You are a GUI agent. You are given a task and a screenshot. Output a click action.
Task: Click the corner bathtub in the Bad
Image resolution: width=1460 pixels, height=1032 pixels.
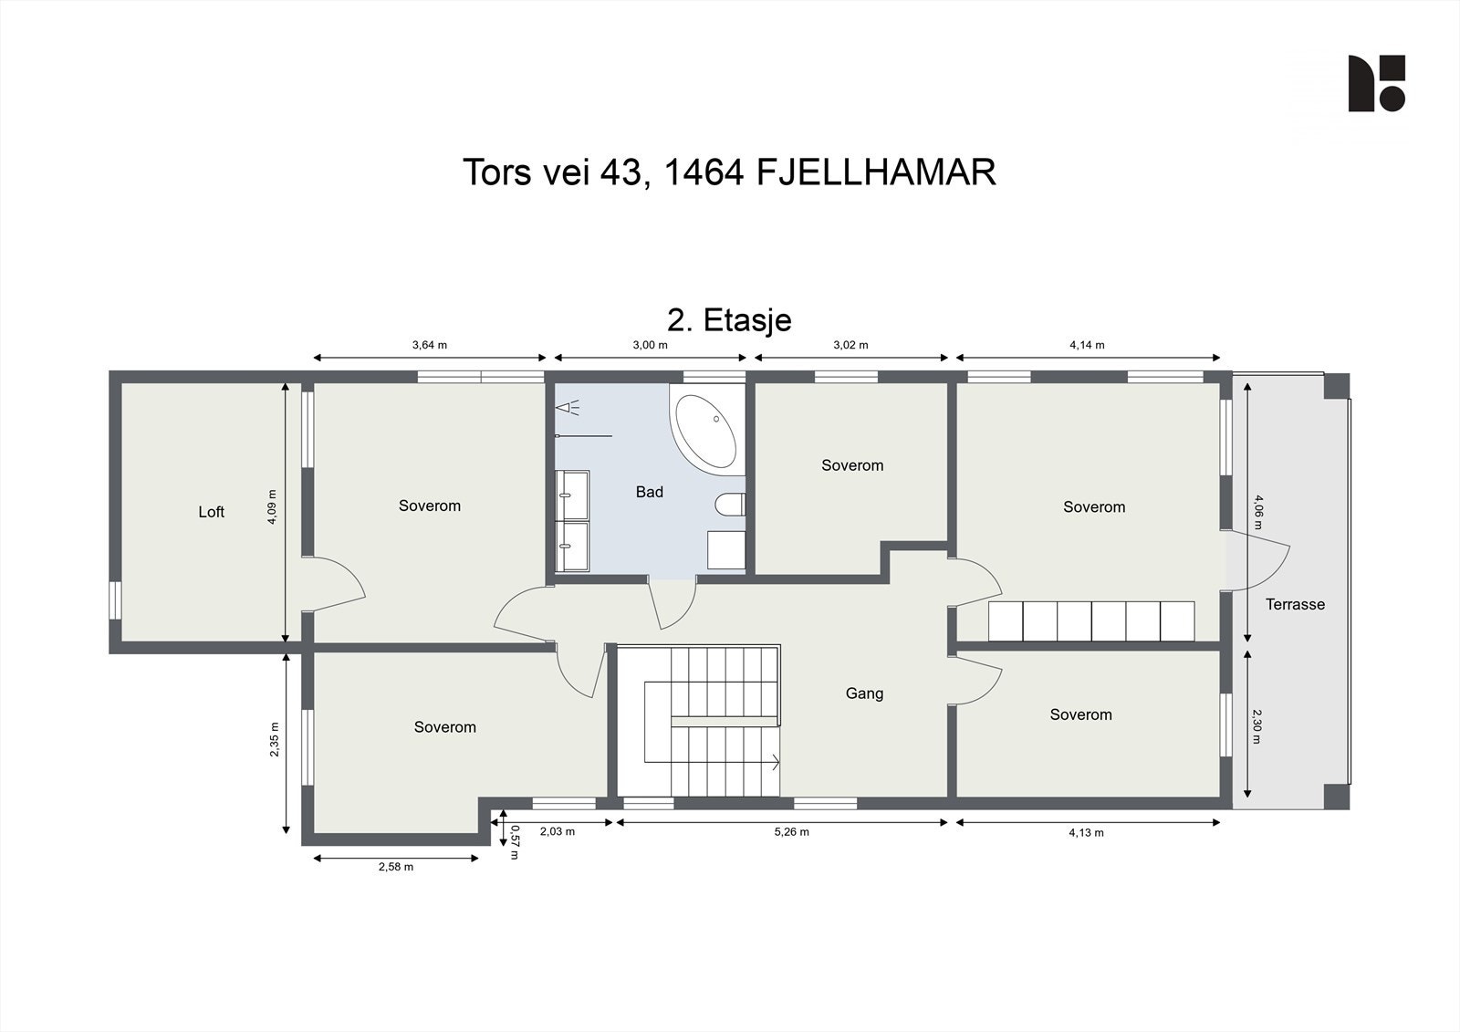point(704,431)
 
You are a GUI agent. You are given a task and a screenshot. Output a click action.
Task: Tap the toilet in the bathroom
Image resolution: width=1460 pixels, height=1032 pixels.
point(731,505)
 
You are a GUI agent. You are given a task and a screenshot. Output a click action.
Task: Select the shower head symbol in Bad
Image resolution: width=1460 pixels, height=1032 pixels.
point(574,408)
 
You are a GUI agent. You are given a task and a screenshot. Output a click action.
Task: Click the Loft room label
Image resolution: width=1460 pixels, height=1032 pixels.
point(211,512)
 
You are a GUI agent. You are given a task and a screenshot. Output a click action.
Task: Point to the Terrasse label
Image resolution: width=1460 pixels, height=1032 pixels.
point(1295,604)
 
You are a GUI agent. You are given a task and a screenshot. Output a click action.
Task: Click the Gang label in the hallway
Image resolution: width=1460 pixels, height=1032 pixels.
point(864,693)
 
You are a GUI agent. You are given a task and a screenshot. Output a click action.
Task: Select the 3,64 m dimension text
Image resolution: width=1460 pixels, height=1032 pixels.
point(430,345)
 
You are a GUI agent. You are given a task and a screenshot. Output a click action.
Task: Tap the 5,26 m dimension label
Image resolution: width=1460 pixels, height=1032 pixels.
point(791,832)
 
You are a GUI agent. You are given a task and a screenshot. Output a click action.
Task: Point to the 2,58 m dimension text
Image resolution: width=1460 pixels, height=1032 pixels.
point(396,867)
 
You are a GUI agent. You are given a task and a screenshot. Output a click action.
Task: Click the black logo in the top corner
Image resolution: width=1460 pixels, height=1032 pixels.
point(1376,84)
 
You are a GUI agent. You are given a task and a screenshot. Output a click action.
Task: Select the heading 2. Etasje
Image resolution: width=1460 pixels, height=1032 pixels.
point(729,320)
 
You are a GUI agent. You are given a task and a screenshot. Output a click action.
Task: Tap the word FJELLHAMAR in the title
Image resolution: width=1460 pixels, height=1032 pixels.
point(876,172)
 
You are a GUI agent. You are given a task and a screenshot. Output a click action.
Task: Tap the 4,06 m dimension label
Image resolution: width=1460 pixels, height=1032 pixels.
point(1258,511)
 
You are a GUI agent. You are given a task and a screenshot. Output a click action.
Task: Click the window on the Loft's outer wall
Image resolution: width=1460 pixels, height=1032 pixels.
point(115,600)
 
